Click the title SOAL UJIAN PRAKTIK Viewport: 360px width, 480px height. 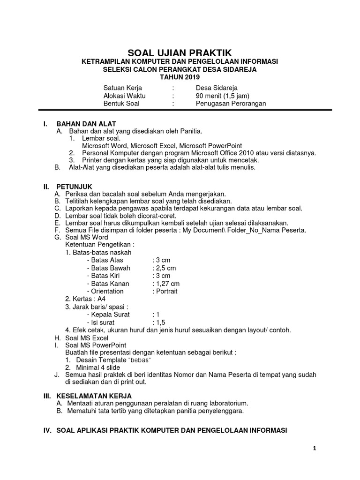(x=180, y=53)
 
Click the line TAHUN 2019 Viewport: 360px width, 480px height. (x=180, y=77)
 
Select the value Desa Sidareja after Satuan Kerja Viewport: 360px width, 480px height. (x=217, y=88)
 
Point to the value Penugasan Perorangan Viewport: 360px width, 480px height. (x=231, y=104)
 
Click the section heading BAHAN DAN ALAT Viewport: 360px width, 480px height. (x=86, y=124)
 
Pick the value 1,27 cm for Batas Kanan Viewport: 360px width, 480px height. (x=166, y=284)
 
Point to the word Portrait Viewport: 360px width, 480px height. (x=165, y=291)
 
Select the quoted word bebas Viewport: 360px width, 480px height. (x=141, y=360)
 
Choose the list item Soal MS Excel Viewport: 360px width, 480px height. (x=88, y=337)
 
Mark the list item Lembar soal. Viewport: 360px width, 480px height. (x=101, y=139)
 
